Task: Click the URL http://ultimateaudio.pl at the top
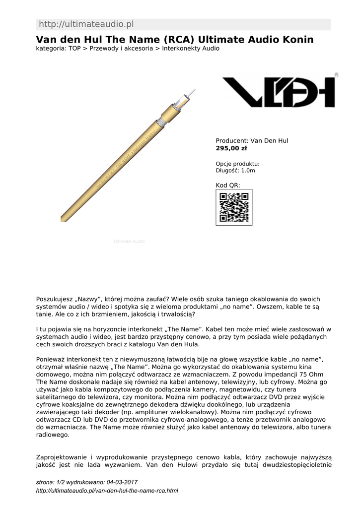tap(86, 24)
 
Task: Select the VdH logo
tap(279, 92)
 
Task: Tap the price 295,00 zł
tap(231, 148)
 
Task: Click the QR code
tap(234, 207)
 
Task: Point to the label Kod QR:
tap(228, 185)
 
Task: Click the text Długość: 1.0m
tap(235, 171)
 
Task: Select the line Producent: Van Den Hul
tap(252, 140)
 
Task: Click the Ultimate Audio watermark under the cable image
tap(129, 241)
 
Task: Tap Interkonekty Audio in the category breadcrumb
tap(191, 49)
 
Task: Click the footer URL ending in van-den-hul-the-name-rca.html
tap(107, 491)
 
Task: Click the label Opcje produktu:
tap(237, 164)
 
